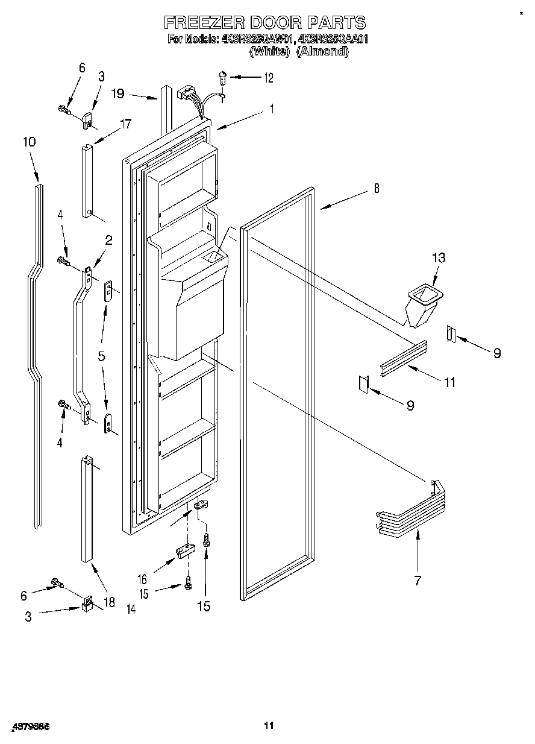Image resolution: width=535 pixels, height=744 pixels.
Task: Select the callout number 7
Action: point(418,581)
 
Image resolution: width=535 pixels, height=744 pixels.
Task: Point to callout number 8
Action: point(376,189)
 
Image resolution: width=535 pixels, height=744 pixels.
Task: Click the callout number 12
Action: point(268,78)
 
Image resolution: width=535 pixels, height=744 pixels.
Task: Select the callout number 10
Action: point(29,142)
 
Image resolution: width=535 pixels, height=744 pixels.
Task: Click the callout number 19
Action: point(117,93)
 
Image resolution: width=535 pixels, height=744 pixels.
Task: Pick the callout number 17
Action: point(125,125)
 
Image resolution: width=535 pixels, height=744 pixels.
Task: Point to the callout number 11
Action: point(449,382)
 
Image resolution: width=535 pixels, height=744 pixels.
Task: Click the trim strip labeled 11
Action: point(404,359)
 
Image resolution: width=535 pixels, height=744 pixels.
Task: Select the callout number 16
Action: point(142,579)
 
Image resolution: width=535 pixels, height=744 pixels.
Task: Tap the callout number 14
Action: point(131,610)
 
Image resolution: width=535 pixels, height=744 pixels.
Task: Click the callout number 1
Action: point(272,110)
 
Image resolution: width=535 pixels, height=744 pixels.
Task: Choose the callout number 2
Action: point(109,241)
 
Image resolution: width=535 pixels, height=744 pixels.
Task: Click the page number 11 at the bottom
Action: point(269,725)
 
